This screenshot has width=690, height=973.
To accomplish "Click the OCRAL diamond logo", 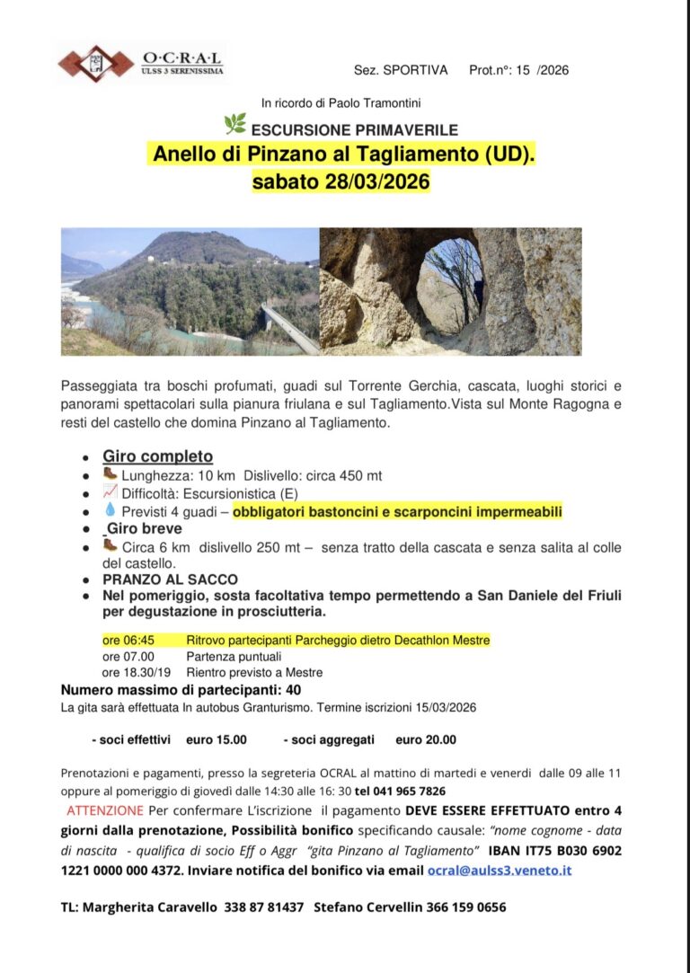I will coord(94,62).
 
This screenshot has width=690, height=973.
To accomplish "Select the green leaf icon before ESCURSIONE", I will coord(234,124).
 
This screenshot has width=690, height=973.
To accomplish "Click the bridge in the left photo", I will coord(288,329).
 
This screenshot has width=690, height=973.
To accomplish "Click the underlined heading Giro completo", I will coord(157,456).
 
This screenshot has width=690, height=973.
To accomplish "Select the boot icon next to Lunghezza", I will coord(110,473).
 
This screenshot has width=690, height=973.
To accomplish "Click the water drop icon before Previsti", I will coord(110,510).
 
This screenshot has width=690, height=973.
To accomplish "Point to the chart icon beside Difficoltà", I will coord(110,491).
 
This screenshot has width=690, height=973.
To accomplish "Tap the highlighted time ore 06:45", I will coord(128,641).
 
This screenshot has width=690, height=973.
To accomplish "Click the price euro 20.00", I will coord(425,740).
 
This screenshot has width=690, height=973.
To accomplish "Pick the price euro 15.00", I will coord(216,740).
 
